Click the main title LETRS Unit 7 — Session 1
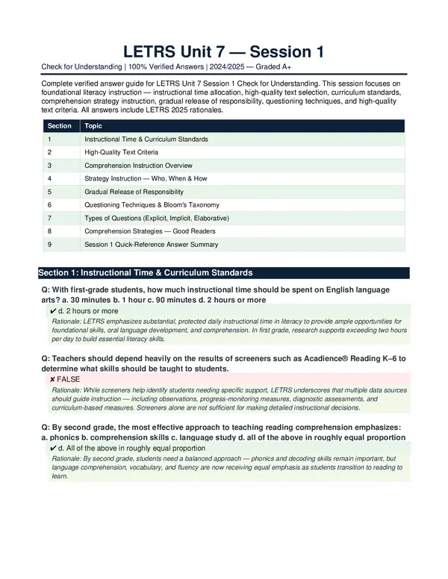223,51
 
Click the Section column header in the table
59,126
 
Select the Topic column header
93,126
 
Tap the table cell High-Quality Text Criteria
121,152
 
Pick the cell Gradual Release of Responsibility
134,192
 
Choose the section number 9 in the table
49,244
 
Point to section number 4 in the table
49,178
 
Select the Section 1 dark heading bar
223,273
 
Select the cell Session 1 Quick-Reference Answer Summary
151,244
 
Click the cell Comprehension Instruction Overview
138,166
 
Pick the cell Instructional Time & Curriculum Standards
146,140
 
